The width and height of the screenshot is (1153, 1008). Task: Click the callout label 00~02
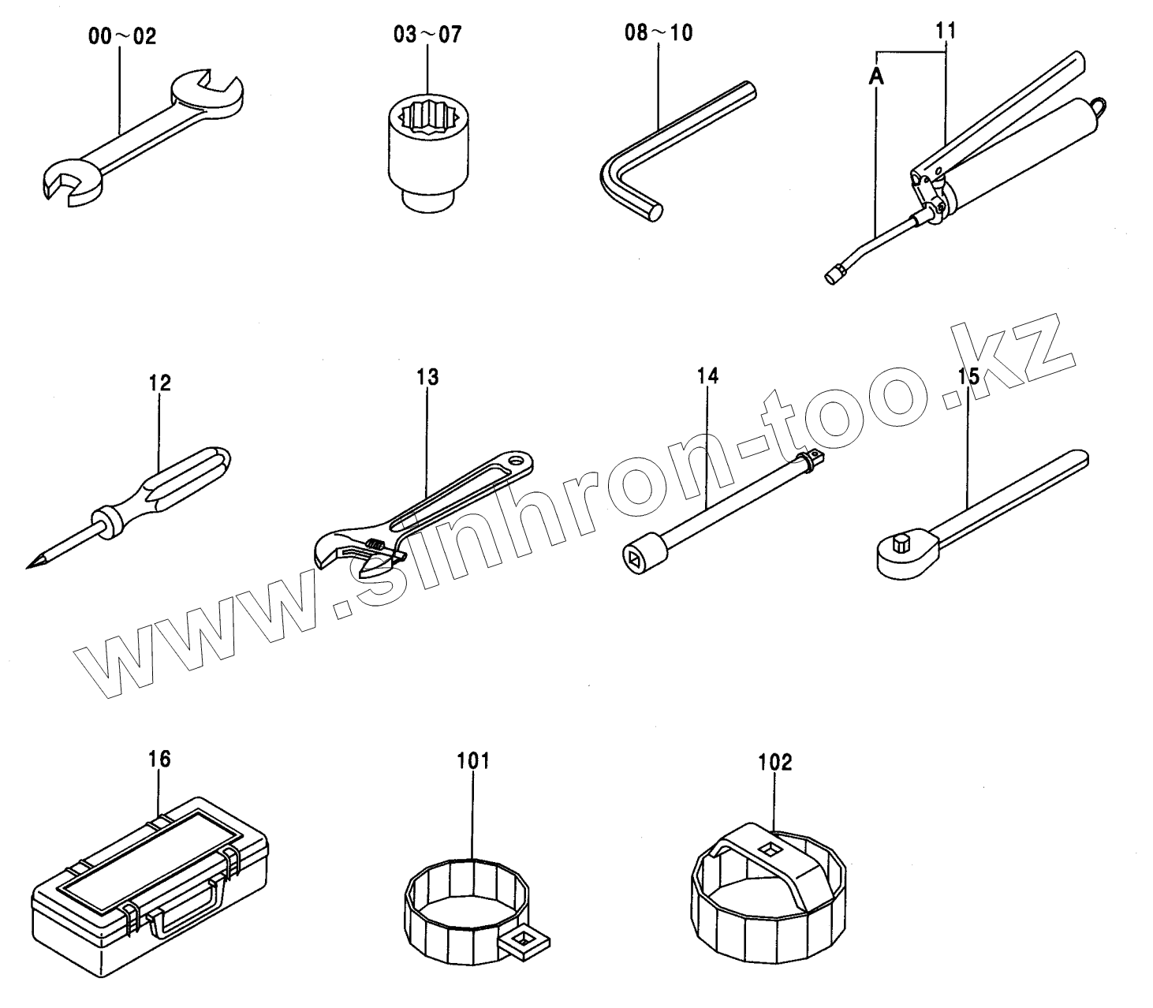pos(122,36)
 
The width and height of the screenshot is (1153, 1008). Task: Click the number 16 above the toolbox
pos(159,760)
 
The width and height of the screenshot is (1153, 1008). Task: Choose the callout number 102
pos(775,763)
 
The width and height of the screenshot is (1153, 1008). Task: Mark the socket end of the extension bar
pos(636,556)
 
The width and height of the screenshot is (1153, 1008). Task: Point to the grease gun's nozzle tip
pos(830,276)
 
